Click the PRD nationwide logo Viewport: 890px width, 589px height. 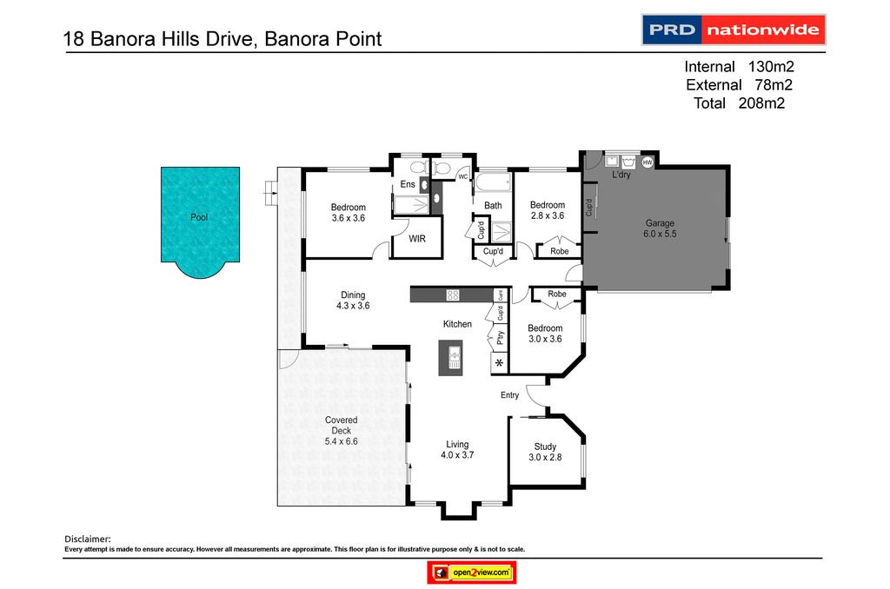[733, 30]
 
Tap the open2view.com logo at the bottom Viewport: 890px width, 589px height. [472, 572]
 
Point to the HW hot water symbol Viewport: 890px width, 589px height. [648, 162]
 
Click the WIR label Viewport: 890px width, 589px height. [417, 238]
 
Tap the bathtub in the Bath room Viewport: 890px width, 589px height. [493, 183]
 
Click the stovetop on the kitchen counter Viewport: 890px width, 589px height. [452, 295]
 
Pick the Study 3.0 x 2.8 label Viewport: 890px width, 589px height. [545, 453]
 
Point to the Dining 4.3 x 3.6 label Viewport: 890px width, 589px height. [353, 301]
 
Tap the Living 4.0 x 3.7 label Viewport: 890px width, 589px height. [457, 448]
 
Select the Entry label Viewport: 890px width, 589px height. [509, 395]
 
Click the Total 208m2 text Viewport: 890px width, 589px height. [744, 103]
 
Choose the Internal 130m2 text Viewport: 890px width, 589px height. [740, 67]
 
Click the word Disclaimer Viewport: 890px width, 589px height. [88, 539]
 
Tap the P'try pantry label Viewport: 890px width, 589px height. [500, 337]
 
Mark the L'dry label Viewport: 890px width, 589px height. [621, 175]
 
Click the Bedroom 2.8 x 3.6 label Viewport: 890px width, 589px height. [548, 210]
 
